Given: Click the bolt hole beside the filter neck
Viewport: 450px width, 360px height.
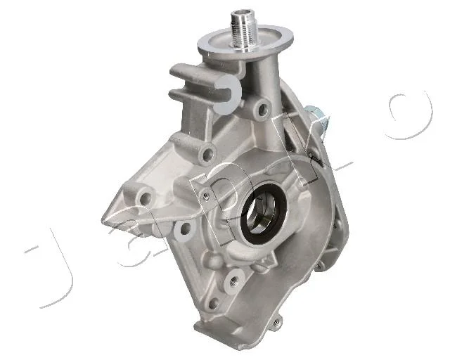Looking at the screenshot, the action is click(262, 109).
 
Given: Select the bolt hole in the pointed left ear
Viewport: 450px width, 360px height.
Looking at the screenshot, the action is click(146, 198).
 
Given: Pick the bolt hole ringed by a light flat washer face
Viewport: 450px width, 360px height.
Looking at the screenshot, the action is click(185, 228).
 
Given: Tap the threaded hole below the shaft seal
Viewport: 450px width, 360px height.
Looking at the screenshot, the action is click(233, 281).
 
